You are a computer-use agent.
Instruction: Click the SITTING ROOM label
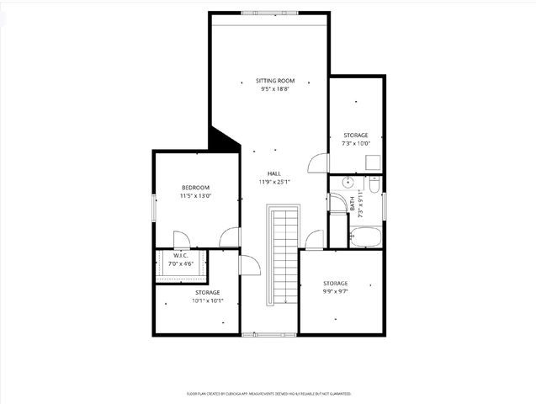click(276, 81)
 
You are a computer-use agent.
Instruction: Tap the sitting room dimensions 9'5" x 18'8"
click(276, 89)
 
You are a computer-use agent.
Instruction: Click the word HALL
click(274, 173)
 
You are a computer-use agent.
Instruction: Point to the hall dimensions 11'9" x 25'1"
click(274, 182)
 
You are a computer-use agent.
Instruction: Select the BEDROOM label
click(195, 187)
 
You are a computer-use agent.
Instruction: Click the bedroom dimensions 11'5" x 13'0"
click(195, 195)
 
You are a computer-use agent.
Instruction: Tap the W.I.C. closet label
click(181, 256)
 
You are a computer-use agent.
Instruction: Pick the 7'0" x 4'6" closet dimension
click(181, 263)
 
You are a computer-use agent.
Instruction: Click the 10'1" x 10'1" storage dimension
click(195, 300)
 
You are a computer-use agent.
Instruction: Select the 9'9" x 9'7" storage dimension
click(335, 291)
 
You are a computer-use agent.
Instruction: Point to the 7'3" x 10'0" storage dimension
click(356, 143)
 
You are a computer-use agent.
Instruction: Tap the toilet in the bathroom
click(374, 183)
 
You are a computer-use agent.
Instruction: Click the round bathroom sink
click(348, 182)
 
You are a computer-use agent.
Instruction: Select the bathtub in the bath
click(366, 237)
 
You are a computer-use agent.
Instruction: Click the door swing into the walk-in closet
click(181, 240)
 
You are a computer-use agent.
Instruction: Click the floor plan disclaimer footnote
click(268, 393)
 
